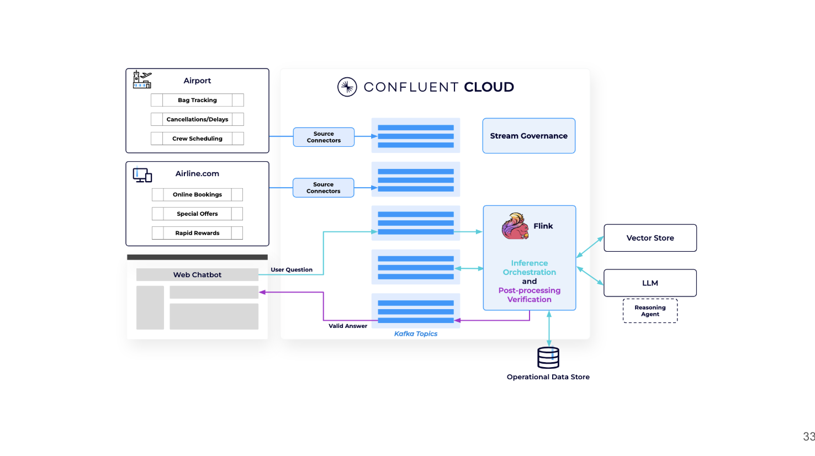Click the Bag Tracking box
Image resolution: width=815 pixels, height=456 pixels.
click(197, 100)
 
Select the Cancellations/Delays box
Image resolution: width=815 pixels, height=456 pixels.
click(197, 119)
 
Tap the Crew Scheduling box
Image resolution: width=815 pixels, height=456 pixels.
click(197, 139)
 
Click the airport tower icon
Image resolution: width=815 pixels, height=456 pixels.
click(142, 79)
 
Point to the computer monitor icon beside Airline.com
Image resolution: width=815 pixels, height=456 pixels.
click(142, 175)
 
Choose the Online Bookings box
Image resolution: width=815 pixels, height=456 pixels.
click(197, 194)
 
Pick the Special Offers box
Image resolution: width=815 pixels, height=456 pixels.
click(197, 214)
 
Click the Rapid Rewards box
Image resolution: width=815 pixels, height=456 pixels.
click(197, 233)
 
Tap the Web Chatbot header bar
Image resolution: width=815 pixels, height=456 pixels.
click(197, 274)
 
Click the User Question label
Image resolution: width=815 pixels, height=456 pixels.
click(292, 269)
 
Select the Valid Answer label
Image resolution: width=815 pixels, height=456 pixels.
click(348, 326)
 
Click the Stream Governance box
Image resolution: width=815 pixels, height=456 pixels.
click(528, 136)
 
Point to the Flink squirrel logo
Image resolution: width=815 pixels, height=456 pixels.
click(515, 226)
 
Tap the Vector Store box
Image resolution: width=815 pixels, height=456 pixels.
click(650, 238)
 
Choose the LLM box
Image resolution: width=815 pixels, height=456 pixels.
click(650, 283)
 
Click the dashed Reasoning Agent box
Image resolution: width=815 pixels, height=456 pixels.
click(650, 311)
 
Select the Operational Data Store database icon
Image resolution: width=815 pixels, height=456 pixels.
click(548, 358)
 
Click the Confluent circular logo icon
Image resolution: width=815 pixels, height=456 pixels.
click(347, 87)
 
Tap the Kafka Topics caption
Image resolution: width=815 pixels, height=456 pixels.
click(415, 333)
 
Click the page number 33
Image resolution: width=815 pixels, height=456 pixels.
click(808, 436)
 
